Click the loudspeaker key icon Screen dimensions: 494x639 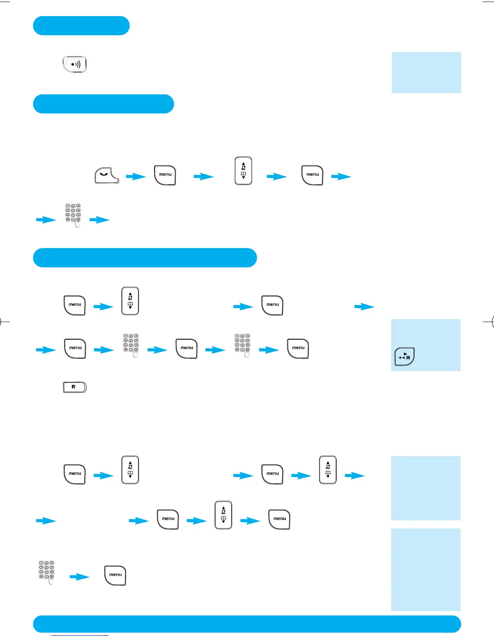[75, 64]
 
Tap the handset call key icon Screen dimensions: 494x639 [107, 175]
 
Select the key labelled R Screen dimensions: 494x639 [75, 387]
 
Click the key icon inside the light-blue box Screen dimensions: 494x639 [404, 356]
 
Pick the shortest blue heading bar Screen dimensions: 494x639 [81, 26]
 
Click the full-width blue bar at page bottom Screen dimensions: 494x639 [247, 624]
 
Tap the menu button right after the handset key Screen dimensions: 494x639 [165, 175]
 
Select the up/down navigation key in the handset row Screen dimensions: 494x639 [243, 171]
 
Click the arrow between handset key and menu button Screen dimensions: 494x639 [136, 177]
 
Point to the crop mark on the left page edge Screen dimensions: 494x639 [3, 322]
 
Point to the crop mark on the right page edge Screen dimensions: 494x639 [490, 322]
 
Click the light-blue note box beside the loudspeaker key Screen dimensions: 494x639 [426, 73]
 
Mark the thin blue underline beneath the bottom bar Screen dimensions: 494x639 [80, 635]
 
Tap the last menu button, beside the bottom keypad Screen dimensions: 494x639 [115, 575]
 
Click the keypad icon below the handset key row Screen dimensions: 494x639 [73, 215]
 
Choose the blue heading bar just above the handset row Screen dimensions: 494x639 [103, 104]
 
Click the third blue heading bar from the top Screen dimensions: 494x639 [145, 258]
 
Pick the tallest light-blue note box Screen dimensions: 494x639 [426, 570]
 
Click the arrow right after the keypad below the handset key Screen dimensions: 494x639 [99, 220]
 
